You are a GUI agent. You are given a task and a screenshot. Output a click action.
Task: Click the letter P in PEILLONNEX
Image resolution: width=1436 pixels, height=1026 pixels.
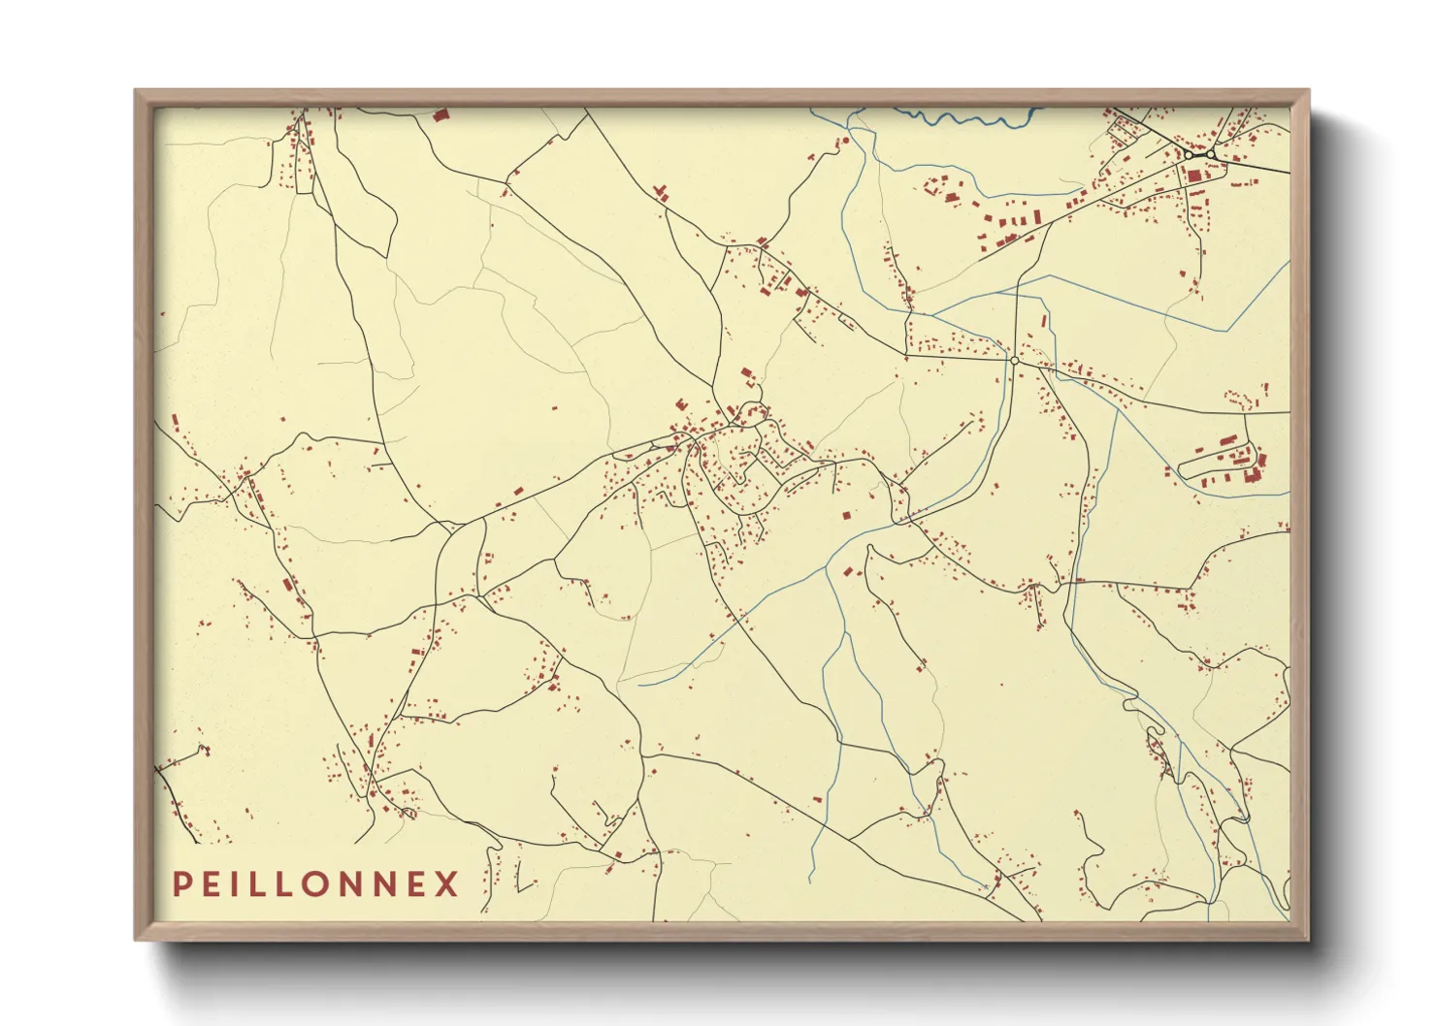pos(180,884)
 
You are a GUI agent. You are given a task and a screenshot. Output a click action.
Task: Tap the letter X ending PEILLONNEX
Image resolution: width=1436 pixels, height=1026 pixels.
pos(446,884)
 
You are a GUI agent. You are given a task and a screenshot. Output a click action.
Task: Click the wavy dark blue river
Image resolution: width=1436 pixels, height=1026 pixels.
pos(970,119)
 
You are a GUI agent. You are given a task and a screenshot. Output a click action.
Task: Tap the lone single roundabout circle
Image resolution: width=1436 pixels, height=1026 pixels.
pos(1014,360)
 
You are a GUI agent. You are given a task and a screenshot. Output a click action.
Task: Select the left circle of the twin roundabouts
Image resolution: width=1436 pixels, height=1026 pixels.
pos(1189,154)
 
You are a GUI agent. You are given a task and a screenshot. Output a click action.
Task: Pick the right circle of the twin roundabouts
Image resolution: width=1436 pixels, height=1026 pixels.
pos(1211,154)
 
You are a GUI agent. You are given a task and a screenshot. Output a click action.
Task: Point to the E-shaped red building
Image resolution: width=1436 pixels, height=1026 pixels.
pos(681,403)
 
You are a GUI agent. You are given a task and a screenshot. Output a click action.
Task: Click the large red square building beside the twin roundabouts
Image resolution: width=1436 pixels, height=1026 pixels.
pos(1193,176)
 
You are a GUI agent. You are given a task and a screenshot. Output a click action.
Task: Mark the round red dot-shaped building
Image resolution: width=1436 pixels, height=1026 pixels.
pos(845,141)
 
